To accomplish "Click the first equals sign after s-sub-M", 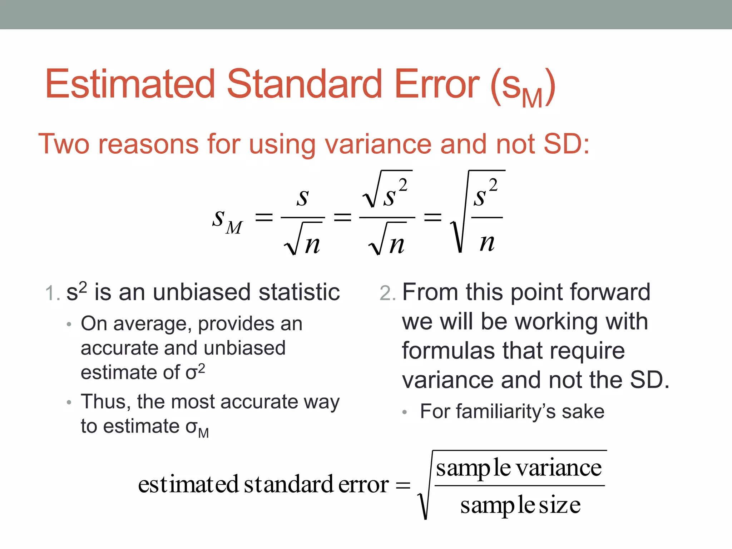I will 264,217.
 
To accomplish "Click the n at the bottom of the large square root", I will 487,243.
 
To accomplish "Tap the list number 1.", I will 52,293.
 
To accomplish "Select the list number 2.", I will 387,293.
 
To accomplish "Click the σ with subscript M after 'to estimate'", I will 197,427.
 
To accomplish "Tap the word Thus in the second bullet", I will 107,401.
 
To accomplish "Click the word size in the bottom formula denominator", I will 559,505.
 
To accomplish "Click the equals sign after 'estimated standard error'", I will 403,485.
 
